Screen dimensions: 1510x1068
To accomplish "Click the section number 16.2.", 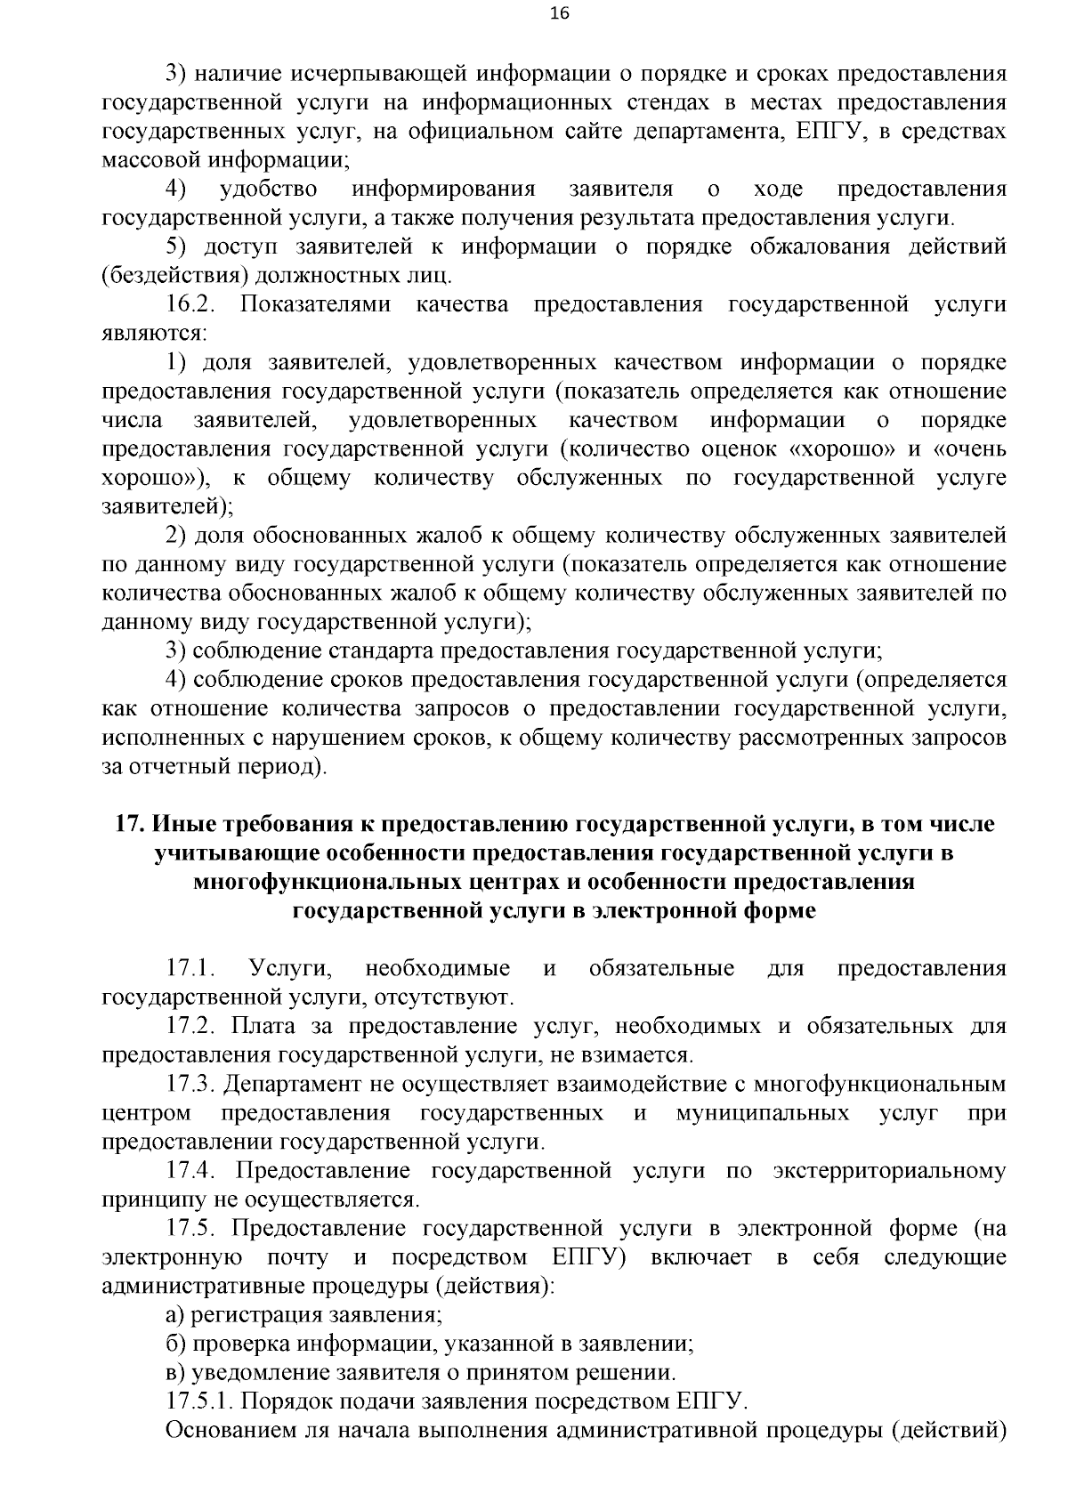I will pos(190,305).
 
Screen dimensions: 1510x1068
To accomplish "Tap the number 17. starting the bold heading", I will pos(131,824).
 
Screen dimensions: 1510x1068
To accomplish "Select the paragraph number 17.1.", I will pos(190,968).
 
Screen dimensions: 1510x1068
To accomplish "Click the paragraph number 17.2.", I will pos(190,1026).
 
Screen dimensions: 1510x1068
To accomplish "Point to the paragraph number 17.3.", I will pos(190,1084).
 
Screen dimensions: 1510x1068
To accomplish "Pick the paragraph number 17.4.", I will pos(190,1171).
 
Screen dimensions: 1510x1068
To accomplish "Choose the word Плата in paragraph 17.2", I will pos(262,1026).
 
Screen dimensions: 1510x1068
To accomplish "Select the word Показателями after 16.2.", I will pos(315,305).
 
